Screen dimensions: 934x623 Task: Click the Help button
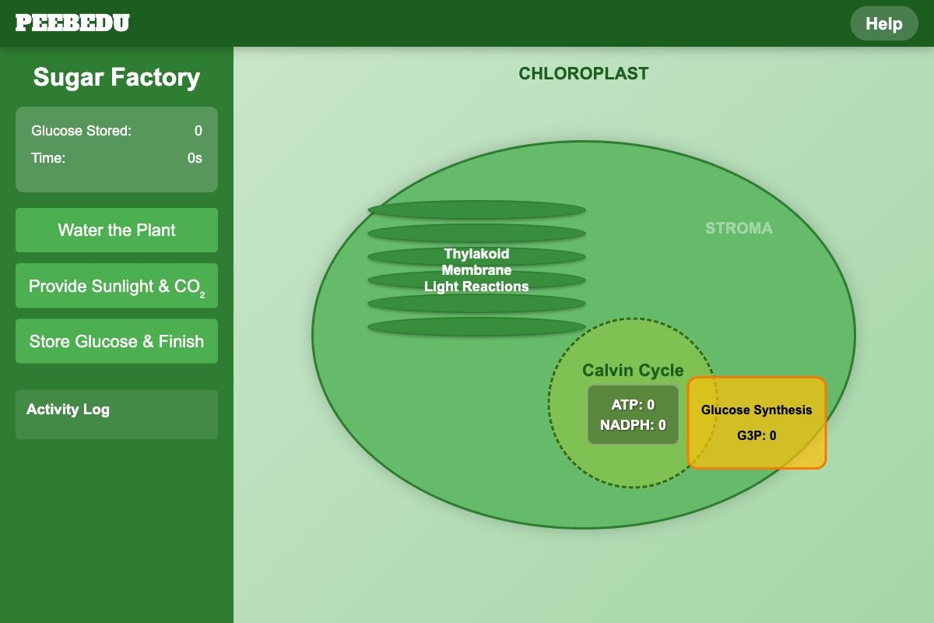click(884, 23)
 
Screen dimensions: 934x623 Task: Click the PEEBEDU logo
click(72, 23)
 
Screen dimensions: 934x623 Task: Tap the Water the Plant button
click(117, 230)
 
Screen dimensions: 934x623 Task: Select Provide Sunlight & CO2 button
click(117, 286)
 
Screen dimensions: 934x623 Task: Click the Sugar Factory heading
click(117, 77)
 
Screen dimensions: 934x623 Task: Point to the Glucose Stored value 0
click(198, 131)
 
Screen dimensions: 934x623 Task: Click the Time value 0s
click(195, 158)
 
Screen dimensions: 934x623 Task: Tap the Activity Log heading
click(68, 410)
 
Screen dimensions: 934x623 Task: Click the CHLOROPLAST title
click(583, 74)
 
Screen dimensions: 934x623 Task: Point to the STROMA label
click(739, 228)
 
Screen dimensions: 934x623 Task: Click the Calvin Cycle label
click(633, 370)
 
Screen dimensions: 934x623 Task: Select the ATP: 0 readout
click(633, 404)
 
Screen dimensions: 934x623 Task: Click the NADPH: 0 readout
click(633, 424)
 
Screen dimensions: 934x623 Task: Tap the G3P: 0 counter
click(757, 435)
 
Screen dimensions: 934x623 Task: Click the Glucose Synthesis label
click(757, 410)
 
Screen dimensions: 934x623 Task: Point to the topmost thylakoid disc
click(476, 209)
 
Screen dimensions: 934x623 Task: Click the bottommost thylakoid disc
click(476, 326)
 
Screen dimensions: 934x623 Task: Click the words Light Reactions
click(476, 287)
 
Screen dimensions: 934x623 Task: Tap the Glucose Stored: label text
click(81, 131)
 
